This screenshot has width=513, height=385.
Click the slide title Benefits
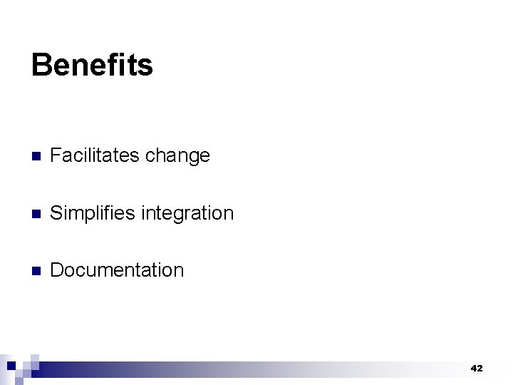92,65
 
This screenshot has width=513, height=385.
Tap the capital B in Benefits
41,65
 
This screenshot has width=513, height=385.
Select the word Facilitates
95,155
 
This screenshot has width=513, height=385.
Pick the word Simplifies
93,213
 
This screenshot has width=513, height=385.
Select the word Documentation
117,270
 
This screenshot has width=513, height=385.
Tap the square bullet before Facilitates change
36,157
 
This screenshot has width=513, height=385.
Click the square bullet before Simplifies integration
36,214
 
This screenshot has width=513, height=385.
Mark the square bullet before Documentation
36,271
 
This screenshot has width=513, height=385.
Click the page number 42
477,369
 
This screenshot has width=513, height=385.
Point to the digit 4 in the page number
473,369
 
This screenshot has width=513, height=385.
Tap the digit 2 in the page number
480,369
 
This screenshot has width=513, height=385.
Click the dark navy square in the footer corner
11,365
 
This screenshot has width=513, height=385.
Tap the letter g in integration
177,215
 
